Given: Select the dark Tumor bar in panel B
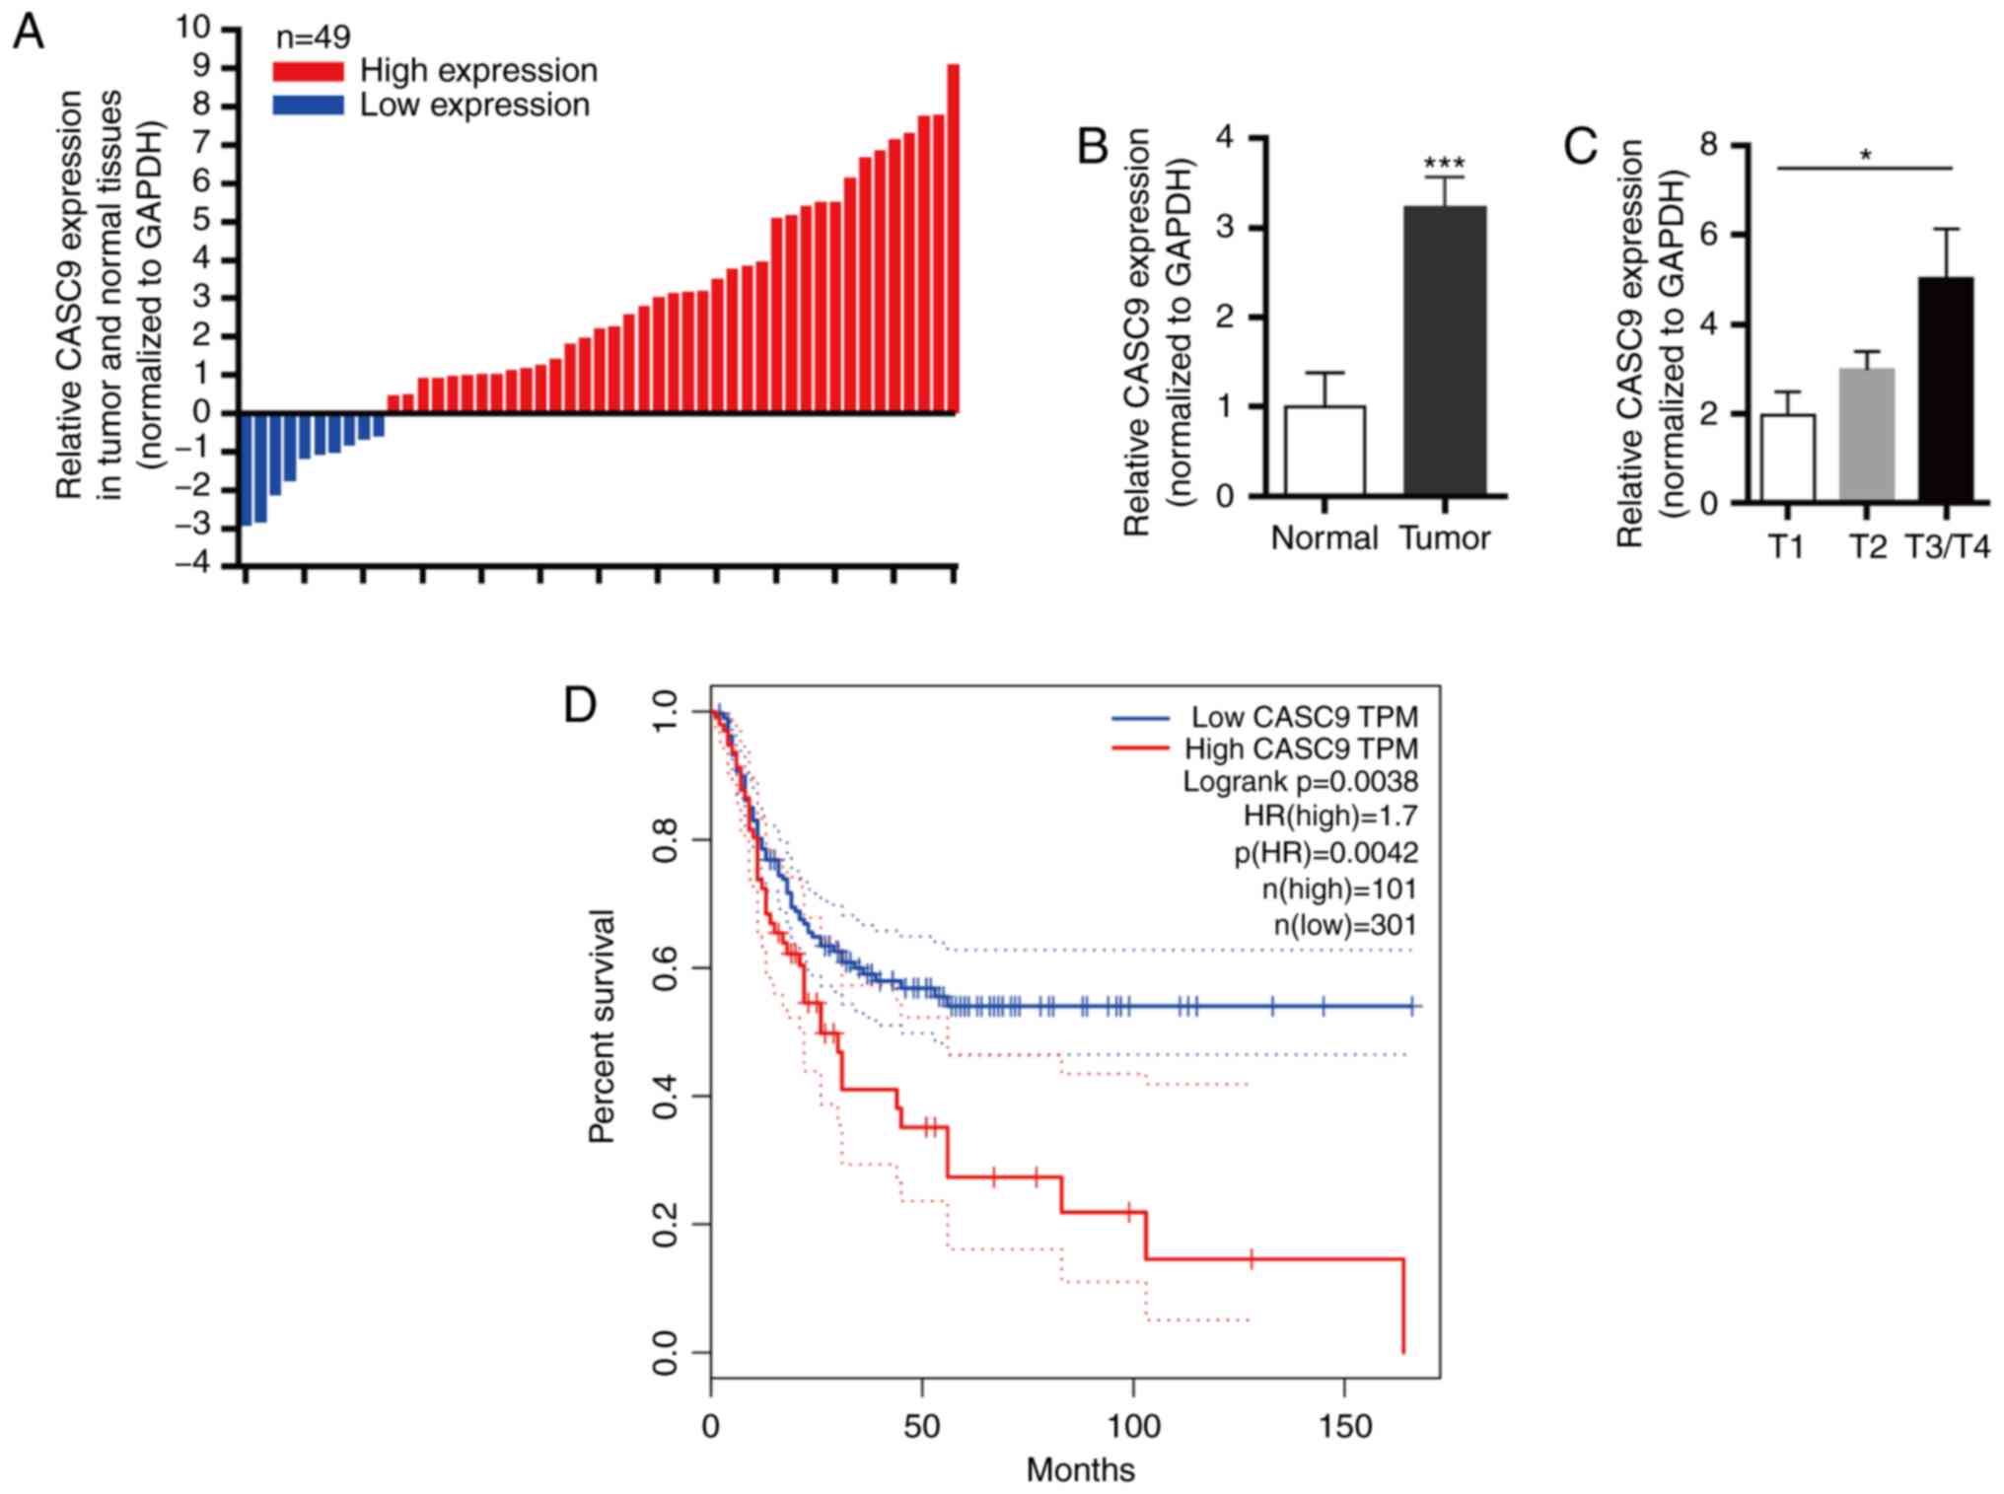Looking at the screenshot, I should (1445, 350).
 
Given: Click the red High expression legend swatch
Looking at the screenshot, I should (308, 71).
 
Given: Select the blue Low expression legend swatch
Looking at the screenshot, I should (308, 106).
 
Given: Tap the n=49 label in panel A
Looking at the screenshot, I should (313, 37).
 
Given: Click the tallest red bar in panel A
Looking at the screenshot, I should (953, 238).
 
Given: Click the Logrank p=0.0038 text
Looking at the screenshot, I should (1300, 782).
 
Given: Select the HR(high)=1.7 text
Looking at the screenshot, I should (1329, 817).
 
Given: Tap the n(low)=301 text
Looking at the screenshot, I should (1344, 925).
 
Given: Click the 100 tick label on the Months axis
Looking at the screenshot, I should (1133, 1426).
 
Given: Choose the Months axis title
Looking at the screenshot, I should (1080, 1470).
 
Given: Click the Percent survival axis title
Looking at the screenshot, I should (602, 1026).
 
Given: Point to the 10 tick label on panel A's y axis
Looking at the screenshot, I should (193, 28).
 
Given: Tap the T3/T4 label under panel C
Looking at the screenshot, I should (1947, 546).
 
